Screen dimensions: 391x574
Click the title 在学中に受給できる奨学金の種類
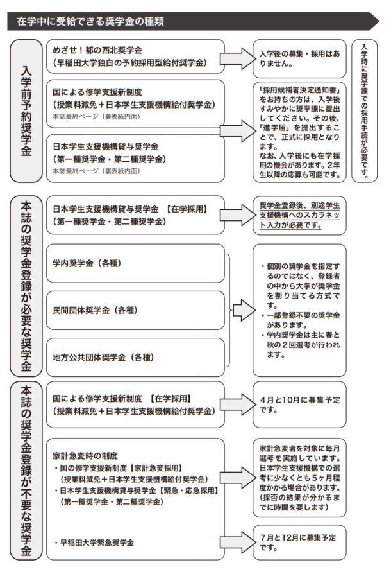point(90,21)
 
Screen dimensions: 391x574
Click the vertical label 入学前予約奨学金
point(26,111)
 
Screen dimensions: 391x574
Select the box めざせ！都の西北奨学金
point(135,57)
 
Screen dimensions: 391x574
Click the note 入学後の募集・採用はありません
point(299,58)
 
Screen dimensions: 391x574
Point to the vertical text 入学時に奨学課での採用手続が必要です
point(364,110)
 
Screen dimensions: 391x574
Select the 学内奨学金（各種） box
point(135,263)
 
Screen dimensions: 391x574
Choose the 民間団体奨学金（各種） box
point(135,310)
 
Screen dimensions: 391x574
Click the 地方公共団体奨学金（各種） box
point(135,357)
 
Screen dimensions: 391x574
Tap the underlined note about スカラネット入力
point(299,215)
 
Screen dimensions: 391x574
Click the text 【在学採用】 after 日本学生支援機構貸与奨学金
point(187,209)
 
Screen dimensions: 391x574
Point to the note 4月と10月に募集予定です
point(299,404)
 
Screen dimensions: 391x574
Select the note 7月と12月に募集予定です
point(297,543)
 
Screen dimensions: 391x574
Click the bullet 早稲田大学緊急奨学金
point(94,543)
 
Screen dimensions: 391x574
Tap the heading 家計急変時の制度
point(85,456)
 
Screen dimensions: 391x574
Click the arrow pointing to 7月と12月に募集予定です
point(238,543)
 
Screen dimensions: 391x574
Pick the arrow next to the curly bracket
point(244,310)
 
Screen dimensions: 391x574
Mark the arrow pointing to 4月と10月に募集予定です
point(238,404)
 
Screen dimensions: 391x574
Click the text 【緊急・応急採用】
point(188,490)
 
